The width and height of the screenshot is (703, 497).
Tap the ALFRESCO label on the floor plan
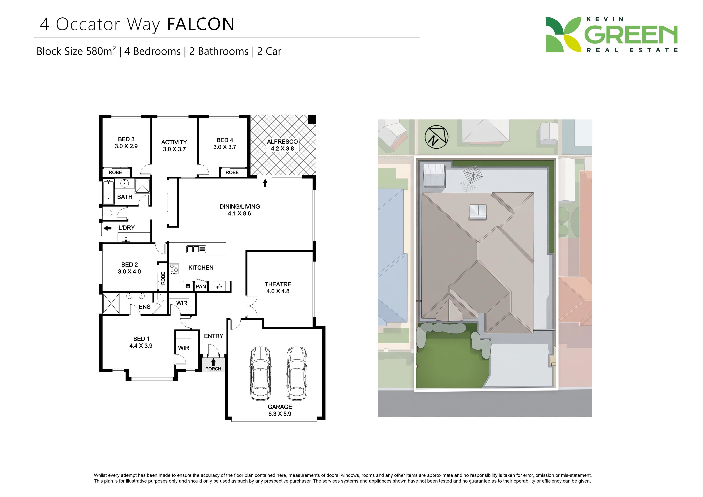pyautogui.click(x=282, y=142)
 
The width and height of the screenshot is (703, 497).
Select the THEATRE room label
pyautogui.click(x=278, y=284)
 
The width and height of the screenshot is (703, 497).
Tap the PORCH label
pyautogui.click(x=213, y=369)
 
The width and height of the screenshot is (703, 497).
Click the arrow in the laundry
pyautogui.click(x=107, y=228)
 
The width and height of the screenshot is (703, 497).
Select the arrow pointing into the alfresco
pyautogui.click(x=265, y=183)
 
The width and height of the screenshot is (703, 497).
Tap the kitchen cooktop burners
pyautogui.click(x=174, y=269)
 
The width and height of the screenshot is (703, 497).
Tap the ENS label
pyautogui.click(x=144, y=307)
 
